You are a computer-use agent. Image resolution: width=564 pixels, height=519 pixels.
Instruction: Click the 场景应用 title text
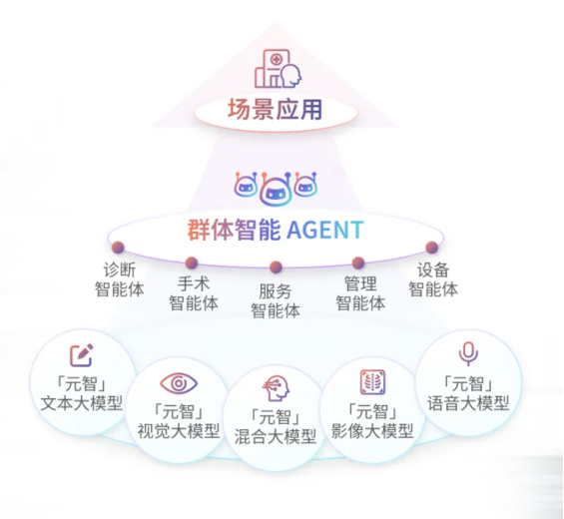pos(276,110)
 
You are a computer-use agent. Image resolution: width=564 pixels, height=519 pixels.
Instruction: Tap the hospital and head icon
pos(278,69)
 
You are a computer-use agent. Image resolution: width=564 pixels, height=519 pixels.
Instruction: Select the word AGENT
pos(325,230)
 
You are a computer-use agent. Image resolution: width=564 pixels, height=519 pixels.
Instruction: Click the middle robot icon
pos(276,190)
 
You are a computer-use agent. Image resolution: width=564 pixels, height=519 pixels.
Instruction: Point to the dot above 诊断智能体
pos(118,248)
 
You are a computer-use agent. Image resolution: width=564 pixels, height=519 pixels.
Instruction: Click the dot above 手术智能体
pos(192,262)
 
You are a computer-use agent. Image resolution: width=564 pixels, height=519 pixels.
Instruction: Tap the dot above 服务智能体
pos(276,267)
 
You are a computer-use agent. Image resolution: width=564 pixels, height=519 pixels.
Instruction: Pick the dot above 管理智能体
pos(358,262)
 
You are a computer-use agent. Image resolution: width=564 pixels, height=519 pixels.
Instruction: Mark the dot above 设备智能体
pos(431,248)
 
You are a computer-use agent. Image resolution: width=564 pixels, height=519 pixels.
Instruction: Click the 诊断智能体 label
pos(120,279)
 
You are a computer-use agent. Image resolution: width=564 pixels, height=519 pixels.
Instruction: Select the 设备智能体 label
pos(433,279)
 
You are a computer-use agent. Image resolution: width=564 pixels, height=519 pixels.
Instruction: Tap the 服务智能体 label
pos(276,301)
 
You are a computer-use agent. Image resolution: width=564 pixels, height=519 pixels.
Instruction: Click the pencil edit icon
pos(82,355)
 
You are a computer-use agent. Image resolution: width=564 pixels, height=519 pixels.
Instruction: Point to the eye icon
pos(179,383)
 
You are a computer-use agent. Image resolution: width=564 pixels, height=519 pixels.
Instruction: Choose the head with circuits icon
pos(276,388)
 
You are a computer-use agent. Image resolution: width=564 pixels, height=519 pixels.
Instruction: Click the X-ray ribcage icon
pos(372,382)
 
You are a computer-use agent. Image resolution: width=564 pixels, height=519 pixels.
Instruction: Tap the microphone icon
pos(468,353)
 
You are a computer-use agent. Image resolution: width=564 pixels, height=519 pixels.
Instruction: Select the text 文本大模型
pos(82,403)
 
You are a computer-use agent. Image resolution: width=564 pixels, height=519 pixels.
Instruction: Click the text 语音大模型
pos(468,403)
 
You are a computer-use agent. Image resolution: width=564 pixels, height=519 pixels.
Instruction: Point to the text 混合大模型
pos(276,436)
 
